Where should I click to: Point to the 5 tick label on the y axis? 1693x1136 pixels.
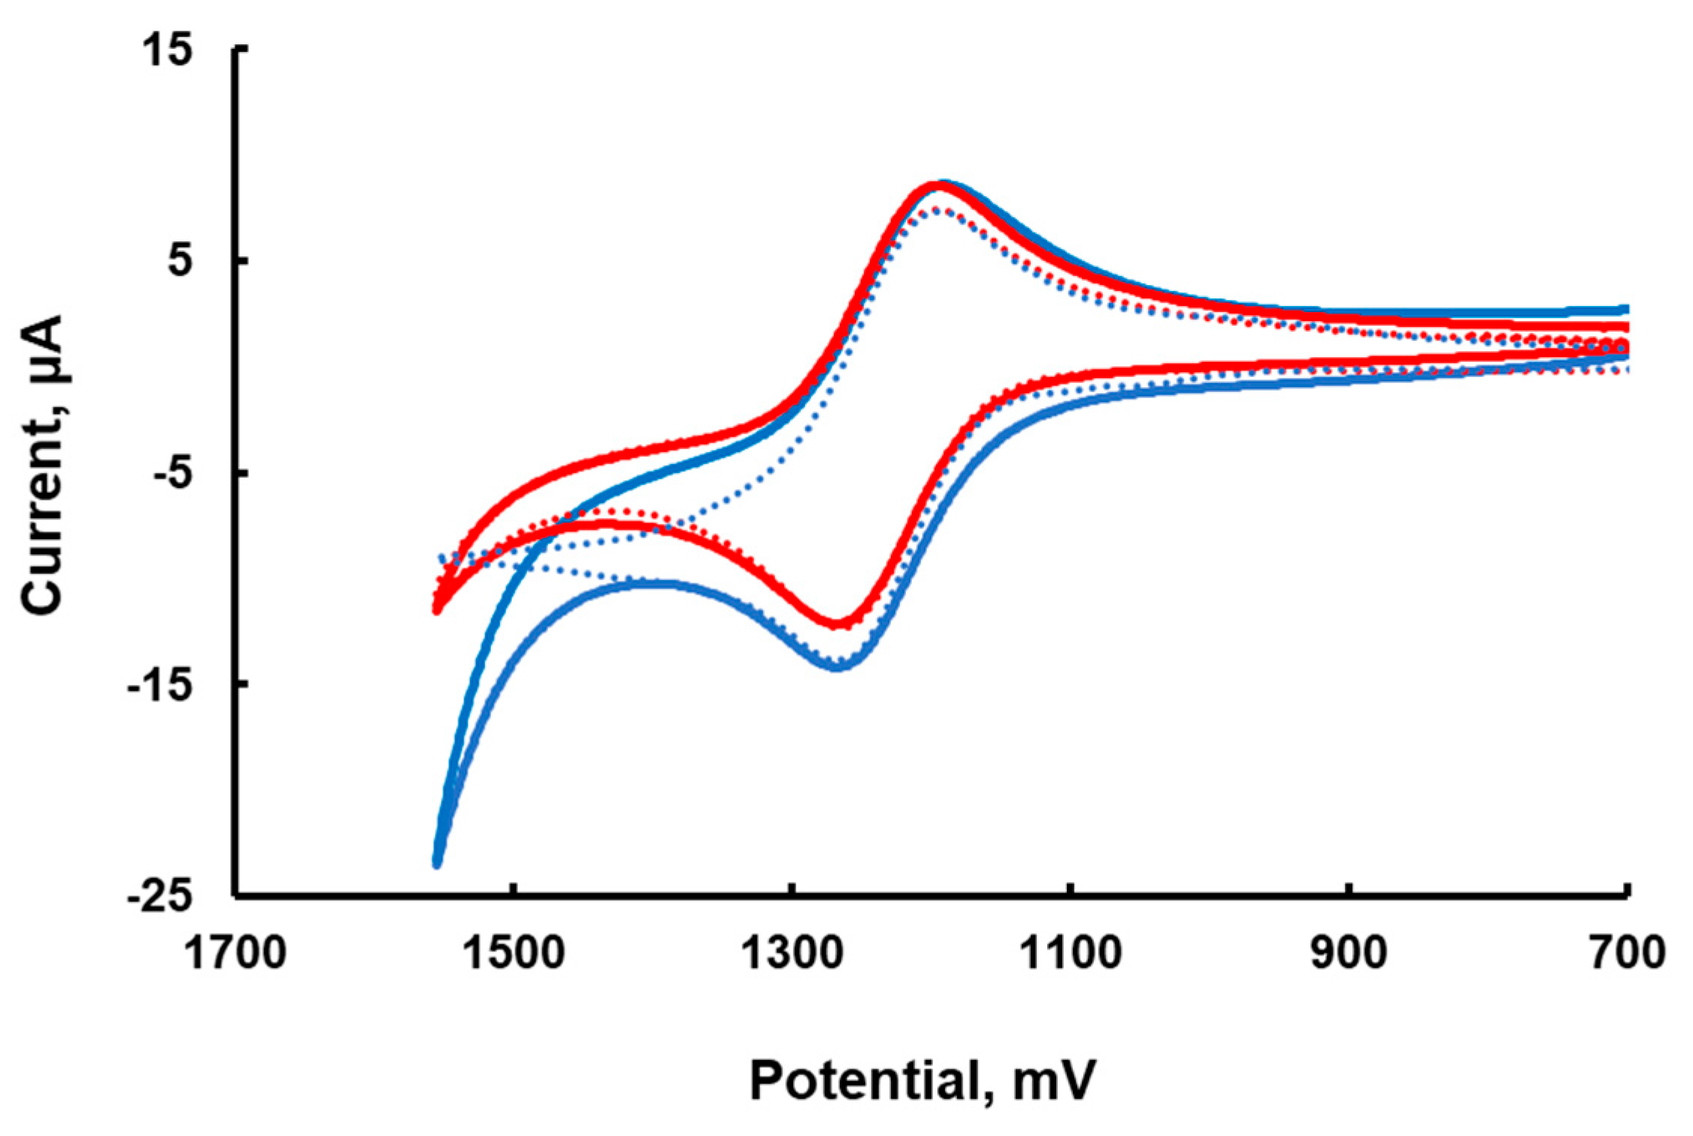pyautogui.click(x=180, y=262)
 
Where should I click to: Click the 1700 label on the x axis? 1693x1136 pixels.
pyautogui.click(x=235, y=953)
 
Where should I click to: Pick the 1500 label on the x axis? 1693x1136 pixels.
pyautogui.click(x=513, y=953)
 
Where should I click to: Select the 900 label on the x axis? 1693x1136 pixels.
pyautogui.click(x=1349, y=953)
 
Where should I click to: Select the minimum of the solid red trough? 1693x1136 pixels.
pyautogui.click(x=840, y=623)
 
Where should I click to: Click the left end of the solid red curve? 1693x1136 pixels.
pyautogui.click(x=437, y=609)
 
